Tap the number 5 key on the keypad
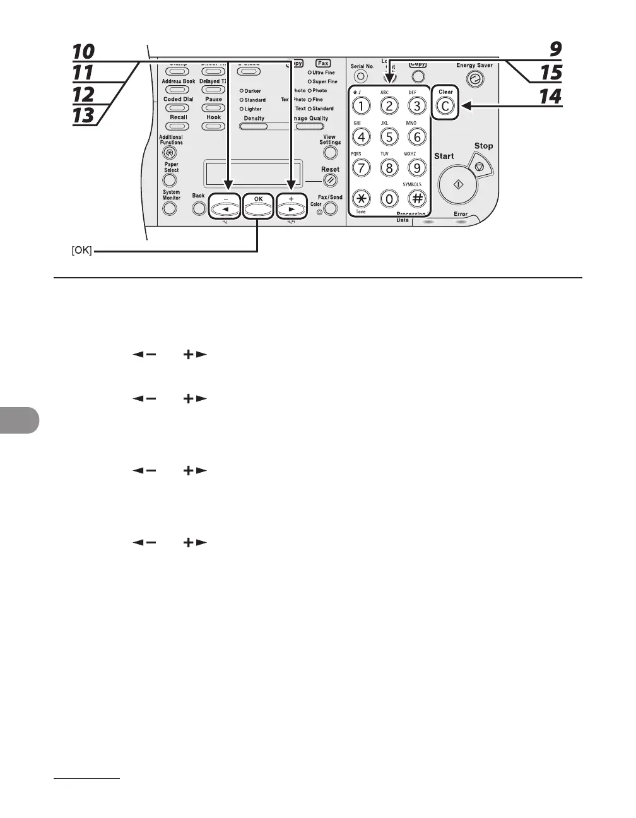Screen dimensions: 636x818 point(389,136)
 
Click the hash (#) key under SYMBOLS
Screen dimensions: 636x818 point(416,198)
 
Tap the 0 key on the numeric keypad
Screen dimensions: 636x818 point(389,198)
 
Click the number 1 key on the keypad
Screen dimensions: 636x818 point(361,105)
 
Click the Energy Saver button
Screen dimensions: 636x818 point(474,79)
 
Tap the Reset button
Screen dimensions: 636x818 point(330,181)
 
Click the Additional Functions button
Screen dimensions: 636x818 point(169,153)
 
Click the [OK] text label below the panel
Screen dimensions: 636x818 point(81,251)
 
